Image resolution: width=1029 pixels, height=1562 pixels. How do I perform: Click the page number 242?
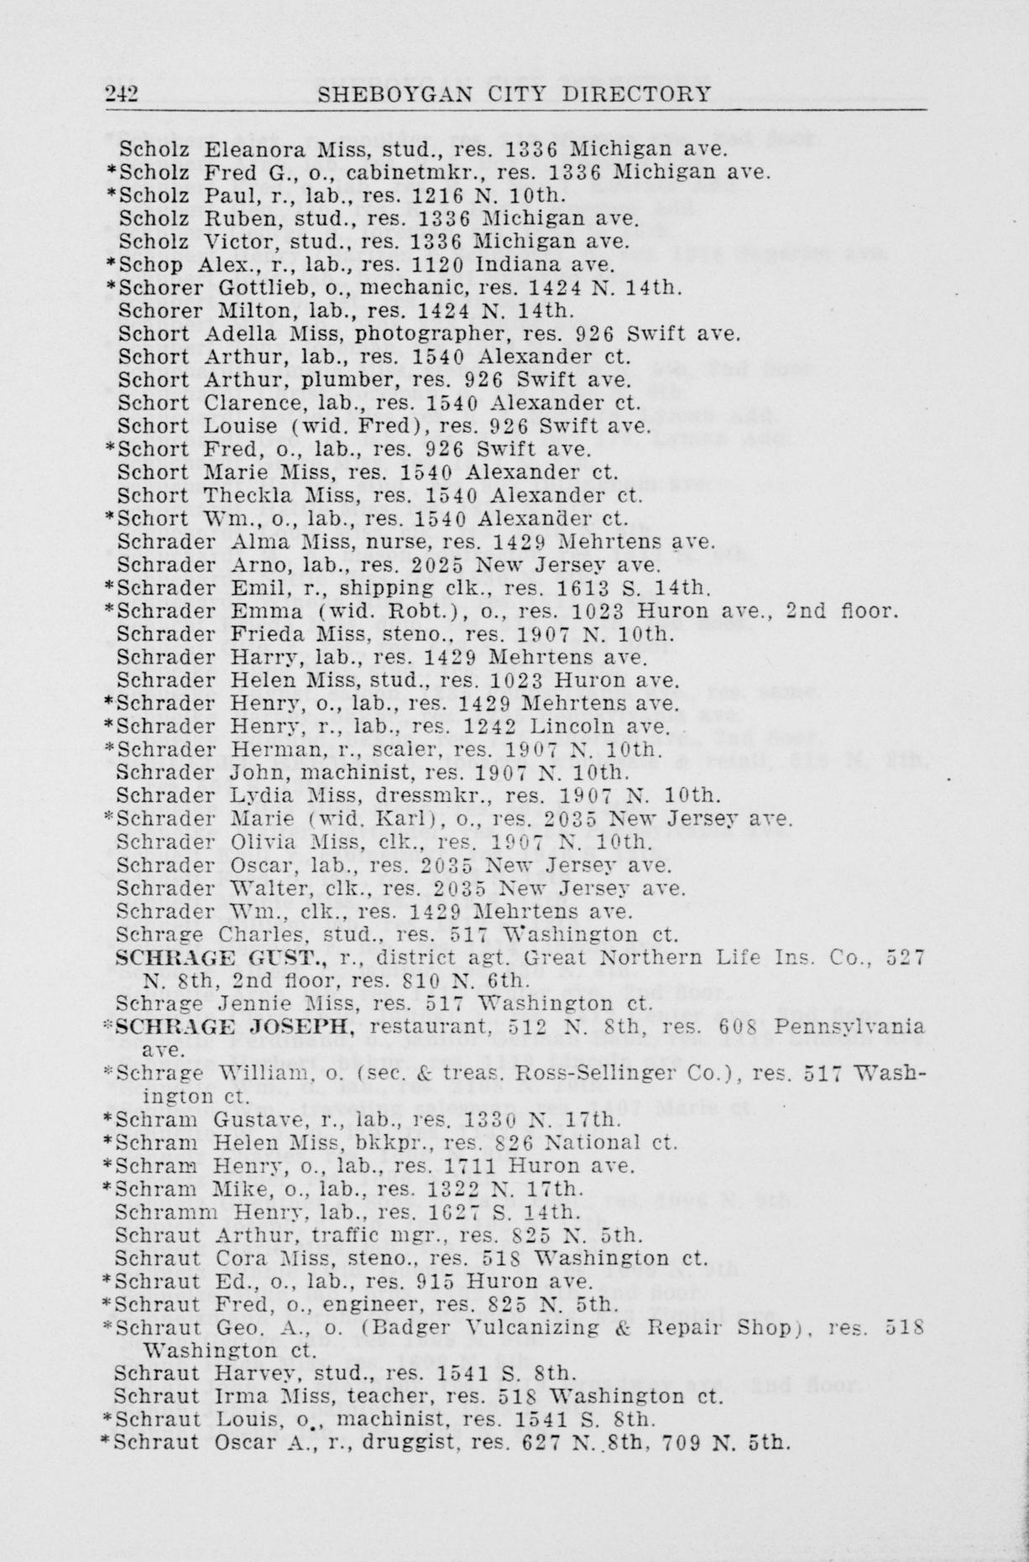[x=122, y=93]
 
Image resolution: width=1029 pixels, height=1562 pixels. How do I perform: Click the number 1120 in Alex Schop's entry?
[x=437, y=265]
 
